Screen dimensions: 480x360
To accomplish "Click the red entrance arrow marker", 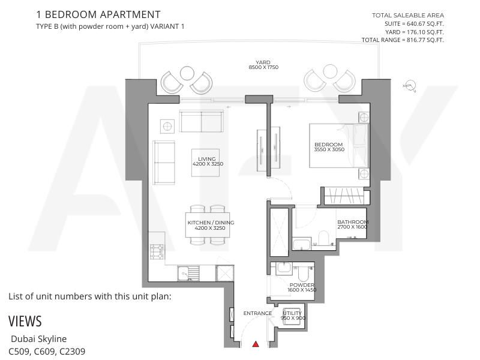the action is click(256, 344).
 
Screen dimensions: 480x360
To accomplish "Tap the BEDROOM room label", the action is click(328, 145).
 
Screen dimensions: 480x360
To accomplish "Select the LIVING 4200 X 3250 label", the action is click(208, 161).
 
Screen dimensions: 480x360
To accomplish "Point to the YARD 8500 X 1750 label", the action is click(263, 65).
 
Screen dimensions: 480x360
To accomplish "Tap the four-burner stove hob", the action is click(157, 251).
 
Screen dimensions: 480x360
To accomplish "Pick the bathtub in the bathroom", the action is click(302, 245).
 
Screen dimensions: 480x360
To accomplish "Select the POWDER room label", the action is click(302, 285).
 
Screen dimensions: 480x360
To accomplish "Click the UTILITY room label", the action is click(292, 313).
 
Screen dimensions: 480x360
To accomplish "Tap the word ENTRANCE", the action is click(257, 313).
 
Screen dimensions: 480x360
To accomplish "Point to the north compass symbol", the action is click(410, 86).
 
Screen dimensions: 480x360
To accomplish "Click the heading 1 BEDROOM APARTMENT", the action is click(98, 14).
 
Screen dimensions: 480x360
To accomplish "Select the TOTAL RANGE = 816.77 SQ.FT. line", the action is click(403, 40).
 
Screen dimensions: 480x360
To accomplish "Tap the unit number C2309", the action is click(73, 351).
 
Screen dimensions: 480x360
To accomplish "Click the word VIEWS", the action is click(25, 321).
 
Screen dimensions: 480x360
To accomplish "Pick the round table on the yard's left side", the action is click(187, 73).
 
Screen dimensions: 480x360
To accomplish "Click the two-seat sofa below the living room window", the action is click(201, 122).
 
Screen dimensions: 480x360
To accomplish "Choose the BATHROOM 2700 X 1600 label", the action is click(353, 224).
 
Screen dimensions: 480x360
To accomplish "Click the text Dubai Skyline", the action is click(38, 339).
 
